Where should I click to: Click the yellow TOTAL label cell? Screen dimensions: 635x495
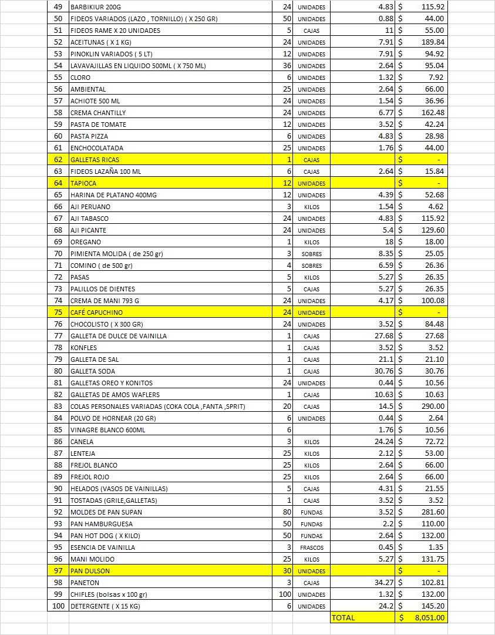[344, 617]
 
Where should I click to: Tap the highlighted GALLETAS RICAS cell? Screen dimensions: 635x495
[95, 160]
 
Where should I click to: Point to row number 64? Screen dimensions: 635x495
[58, 183]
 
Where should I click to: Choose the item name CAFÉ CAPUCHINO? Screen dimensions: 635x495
[96, 313]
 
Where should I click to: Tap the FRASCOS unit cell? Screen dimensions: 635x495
[311, 547]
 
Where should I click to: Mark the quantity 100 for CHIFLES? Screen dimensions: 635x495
[285, 594]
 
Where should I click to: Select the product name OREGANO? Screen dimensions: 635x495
[86, 242]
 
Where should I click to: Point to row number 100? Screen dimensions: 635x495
[58, 606]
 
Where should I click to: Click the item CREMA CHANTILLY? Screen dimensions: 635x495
[97, 113]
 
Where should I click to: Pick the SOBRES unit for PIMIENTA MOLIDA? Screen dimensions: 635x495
[311, 254]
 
